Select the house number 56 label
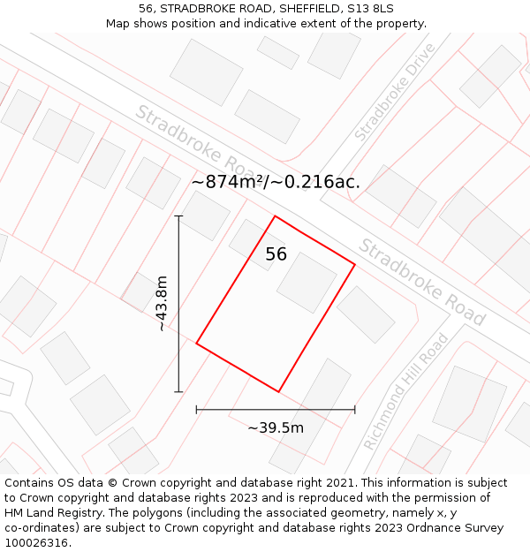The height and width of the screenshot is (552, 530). (x=276, y=254)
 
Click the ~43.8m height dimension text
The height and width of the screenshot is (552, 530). (x=161, y=303)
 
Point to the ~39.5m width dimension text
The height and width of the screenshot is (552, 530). (x=276, y=427)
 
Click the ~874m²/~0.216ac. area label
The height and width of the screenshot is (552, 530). (x=276, y=182)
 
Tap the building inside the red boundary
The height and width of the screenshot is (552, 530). (x=307, y=283)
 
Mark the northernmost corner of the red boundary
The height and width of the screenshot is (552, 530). (x=276, y=216)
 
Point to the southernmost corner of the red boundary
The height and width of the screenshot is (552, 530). (x=279, y=391)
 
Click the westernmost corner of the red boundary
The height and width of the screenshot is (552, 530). (x=196, y=344)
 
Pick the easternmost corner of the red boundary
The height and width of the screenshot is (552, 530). (x=355, y=264)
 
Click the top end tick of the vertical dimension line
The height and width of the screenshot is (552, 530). (x=178, y=216)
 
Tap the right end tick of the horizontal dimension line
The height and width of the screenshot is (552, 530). (x=355, y=410)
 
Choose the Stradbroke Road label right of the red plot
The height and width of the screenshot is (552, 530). (x=421, y=282)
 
